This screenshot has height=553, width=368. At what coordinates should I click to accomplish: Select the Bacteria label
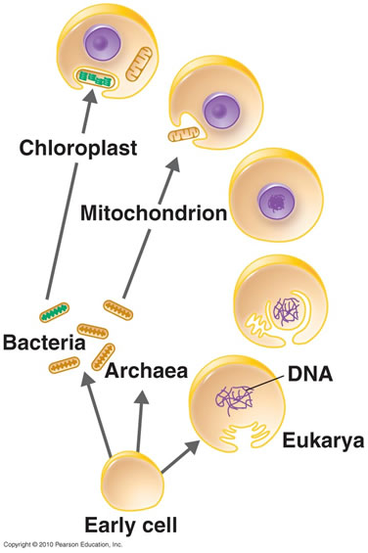[43, 346]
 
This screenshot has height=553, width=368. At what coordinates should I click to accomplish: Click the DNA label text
[311, 374]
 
